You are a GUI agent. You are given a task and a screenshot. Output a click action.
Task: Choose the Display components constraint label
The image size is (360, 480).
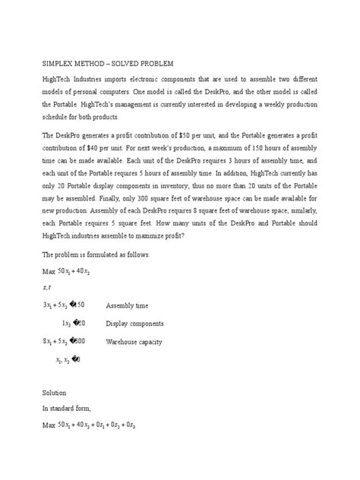point(135,324)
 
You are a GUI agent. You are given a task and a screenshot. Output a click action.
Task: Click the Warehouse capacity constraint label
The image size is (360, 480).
point(134,342)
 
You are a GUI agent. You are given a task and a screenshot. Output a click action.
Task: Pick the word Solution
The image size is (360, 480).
point(55,393)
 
